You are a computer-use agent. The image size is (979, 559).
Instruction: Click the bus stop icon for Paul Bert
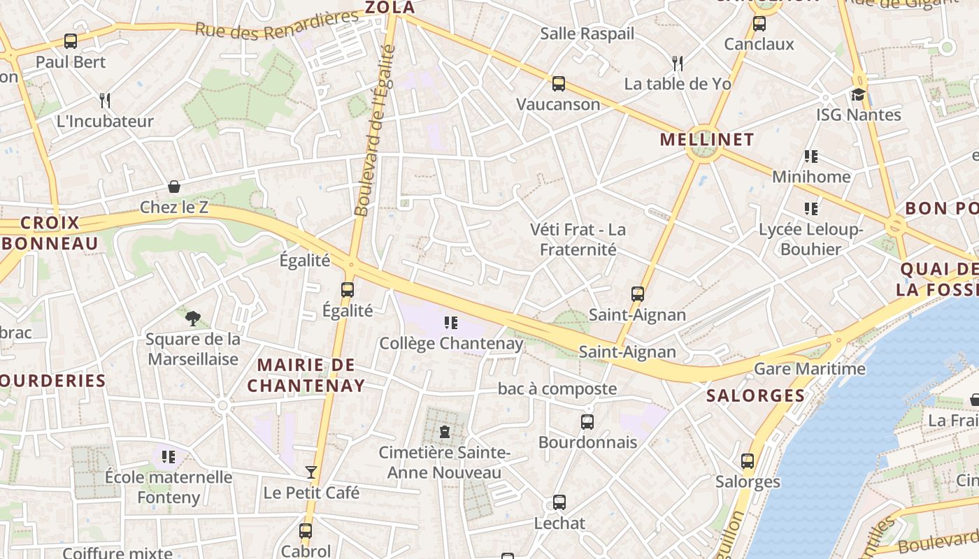click(x=71, y=41)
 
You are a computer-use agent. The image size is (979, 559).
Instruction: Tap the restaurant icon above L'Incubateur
click(x=105, y=100)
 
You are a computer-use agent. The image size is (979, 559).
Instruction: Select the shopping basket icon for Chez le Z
click(x=174, y=187)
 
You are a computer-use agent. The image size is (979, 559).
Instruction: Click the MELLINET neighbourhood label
click(x=707, y=139)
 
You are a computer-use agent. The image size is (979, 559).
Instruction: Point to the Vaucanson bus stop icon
click(x=558, y=84)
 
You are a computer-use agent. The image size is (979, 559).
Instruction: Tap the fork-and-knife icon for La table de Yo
click(x=677, y=64)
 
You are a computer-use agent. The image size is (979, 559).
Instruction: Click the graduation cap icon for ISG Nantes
click(x=858, y=94)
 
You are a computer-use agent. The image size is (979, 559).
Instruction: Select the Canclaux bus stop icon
click(x=759, y=24)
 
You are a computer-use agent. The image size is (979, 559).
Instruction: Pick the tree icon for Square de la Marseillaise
click(x=192, y=319)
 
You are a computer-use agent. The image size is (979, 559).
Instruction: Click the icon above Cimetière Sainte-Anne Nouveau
click(x=444, y=431)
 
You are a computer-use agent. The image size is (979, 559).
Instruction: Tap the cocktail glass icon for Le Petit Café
click(x=311, y=472)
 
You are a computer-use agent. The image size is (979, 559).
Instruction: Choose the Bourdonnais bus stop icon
click(x=587, y=421)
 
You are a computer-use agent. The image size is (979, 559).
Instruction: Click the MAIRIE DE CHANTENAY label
click(x=306, y=375)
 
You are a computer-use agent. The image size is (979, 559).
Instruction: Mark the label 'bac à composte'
click(x=557, y=389)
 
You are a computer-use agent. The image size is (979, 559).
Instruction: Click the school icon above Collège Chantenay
click(x=451, y=322)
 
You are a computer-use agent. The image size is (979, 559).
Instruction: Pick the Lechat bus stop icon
click(x=559, y=502)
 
